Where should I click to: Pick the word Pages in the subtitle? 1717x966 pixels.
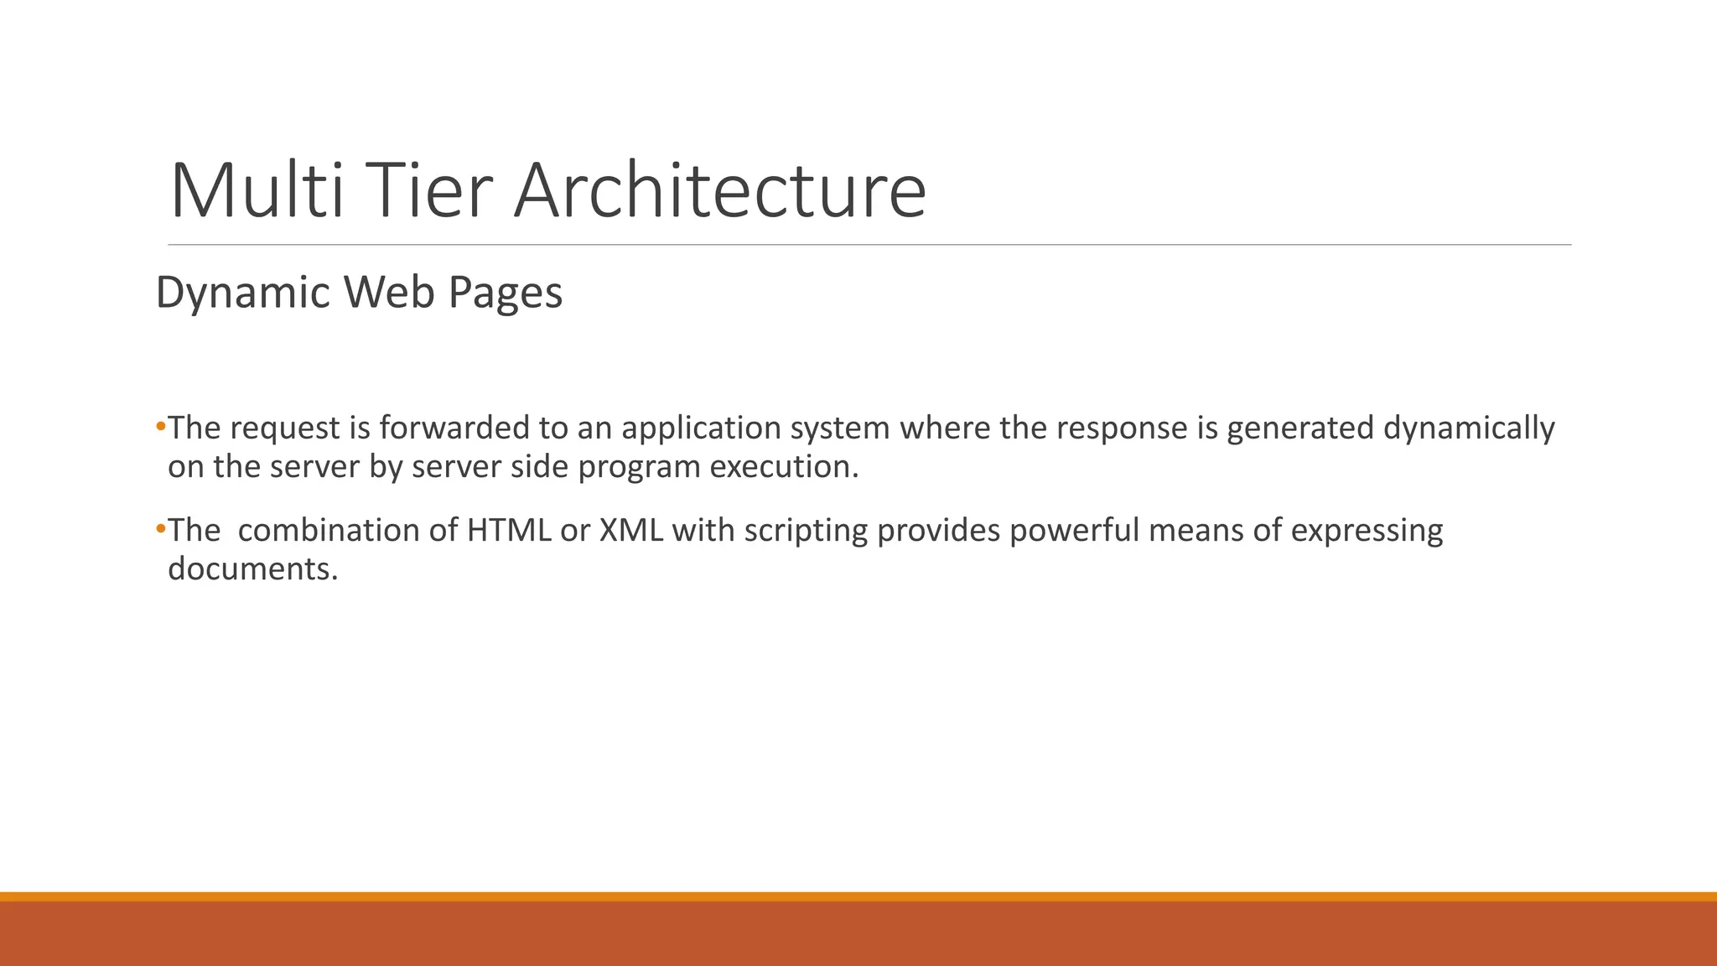(505, 293)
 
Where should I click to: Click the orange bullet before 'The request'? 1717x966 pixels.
(161, 427)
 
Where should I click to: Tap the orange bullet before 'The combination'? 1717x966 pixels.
(161, 529)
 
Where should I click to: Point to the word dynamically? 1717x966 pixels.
(1469, 429)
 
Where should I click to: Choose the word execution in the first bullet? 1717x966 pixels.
(784, 466)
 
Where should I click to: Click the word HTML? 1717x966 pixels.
(509, 530)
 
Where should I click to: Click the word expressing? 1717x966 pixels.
(1367, 532)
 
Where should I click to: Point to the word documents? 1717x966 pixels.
(252, 569)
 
